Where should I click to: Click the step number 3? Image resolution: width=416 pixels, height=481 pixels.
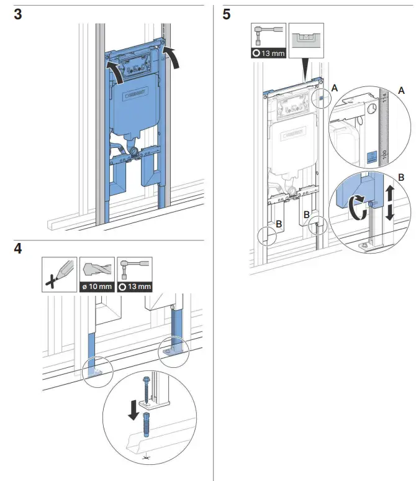[x=19, y=16]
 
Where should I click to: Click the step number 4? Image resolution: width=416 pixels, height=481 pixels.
[x=19, y=249]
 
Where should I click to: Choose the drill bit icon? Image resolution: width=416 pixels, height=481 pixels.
[x=97, y=269]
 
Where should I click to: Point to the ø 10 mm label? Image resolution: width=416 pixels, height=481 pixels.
[x=97, y=287]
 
